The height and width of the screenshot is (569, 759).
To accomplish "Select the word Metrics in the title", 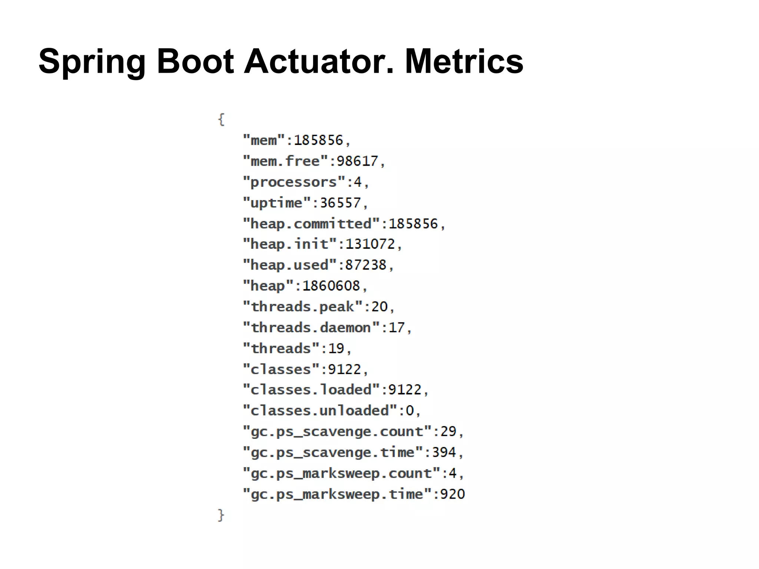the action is pos(464,61).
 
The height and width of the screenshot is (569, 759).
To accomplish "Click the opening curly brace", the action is pos(221,119).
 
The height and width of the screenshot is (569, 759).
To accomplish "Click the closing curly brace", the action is pos(221,515).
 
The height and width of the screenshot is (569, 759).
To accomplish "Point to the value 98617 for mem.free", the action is pos(357,161).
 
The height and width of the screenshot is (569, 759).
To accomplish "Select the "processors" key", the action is pos(294,182).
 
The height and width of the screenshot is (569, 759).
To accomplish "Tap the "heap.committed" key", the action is pos(311,224).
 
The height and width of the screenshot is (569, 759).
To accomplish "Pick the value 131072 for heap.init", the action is pos(370,244).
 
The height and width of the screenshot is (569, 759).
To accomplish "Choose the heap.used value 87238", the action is pos(366,265).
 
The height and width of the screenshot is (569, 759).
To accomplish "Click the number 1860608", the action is pos(331,286).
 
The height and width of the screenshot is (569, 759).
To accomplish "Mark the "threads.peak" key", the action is pos(302,307).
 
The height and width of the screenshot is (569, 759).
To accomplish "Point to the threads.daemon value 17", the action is pos(397,328).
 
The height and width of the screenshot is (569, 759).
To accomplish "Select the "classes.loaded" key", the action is pos(311,390).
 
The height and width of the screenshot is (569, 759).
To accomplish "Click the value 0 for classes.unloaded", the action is pos(410,411).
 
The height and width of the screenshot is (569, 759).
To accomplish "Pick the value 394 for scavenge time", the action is pos(444,452).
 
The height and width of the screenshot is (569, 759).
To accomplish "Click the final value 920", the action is pos(452,494).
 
